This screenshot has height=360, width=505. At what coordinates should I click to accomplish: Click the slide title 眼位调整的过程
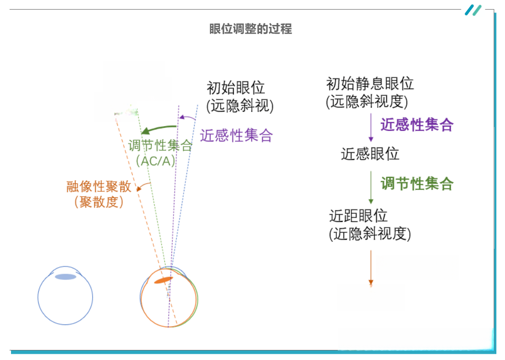tap(251, 29)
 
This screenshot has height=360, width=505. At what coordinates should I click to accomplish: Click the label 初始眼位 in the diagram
tap(236, 88)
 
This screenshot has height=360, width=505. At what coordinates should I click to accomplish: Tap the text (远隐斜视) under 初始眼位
tap(240, 106)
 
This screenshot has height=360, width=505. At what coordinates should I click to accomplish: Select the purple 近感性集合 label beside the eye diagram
tap(236, 135)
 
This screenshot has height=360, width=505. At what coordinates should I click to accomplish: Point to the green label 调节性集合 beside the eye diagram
tap(160, 145)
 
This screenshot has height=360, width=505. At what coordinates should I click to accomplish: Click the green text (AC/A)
tap(156, 161)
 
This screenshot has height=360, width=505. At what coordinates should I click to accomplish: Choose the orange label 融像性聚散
tap(99, 186)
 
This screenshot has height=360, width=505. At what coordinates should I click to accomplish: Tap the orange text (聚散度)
tap(99, 202)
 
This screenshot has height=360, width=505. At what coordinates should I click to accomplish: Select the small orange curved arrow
tap(143, 186)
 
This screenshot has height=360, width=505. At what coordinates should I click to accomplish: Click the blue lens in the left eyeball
tap(66, 277)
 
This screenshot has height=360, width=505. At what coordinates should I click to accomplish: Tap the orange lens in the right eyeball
tap(163, 280)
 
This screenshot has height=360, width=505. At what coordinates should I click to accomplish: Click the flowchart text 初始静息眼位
tap(370, 84)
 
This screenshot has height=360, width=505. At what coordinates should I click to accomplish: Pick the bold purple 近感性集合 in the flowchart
tap(417, 125)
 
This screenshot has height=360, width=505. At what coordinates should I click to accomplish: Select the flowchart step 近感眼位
tap(370, 154)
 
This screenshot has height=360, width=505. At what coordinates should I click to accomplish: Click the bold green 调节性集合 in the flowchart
tap(417, 184)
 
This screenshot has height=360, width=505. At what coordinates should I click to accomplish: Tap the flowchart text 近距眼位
tap(358, 216)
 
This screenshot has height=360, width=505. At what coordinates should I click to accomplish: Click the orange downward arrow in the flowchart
tap(371, 267)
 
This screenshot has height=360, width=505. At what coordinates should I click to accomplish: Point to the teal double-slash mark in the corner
tap(473, 10)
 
